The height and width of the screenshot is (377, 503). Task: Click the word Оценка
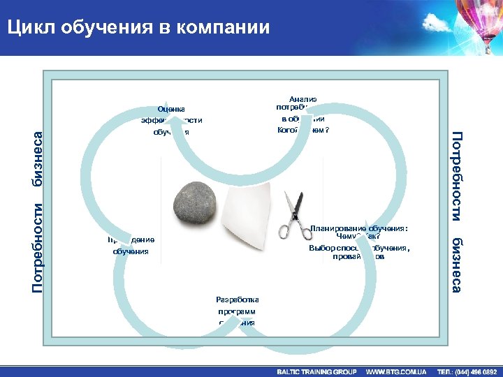[x=172, y=108]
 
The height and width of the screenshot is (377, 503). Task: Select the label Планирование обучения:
[x=359, y=228]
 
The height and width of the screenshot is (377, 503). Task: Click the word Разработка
[x=236, y=299]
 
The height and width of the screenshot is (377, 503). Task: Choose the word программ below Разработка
[x=236, y=311]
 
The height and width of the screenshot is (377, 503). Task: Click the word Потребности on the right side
[x=455, y=172]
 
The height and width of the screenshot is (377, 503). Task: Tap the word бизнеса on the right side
[x=455, y=265]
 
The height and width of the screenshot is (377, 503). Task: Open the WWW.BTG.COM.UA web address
[x=396, y=371]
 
